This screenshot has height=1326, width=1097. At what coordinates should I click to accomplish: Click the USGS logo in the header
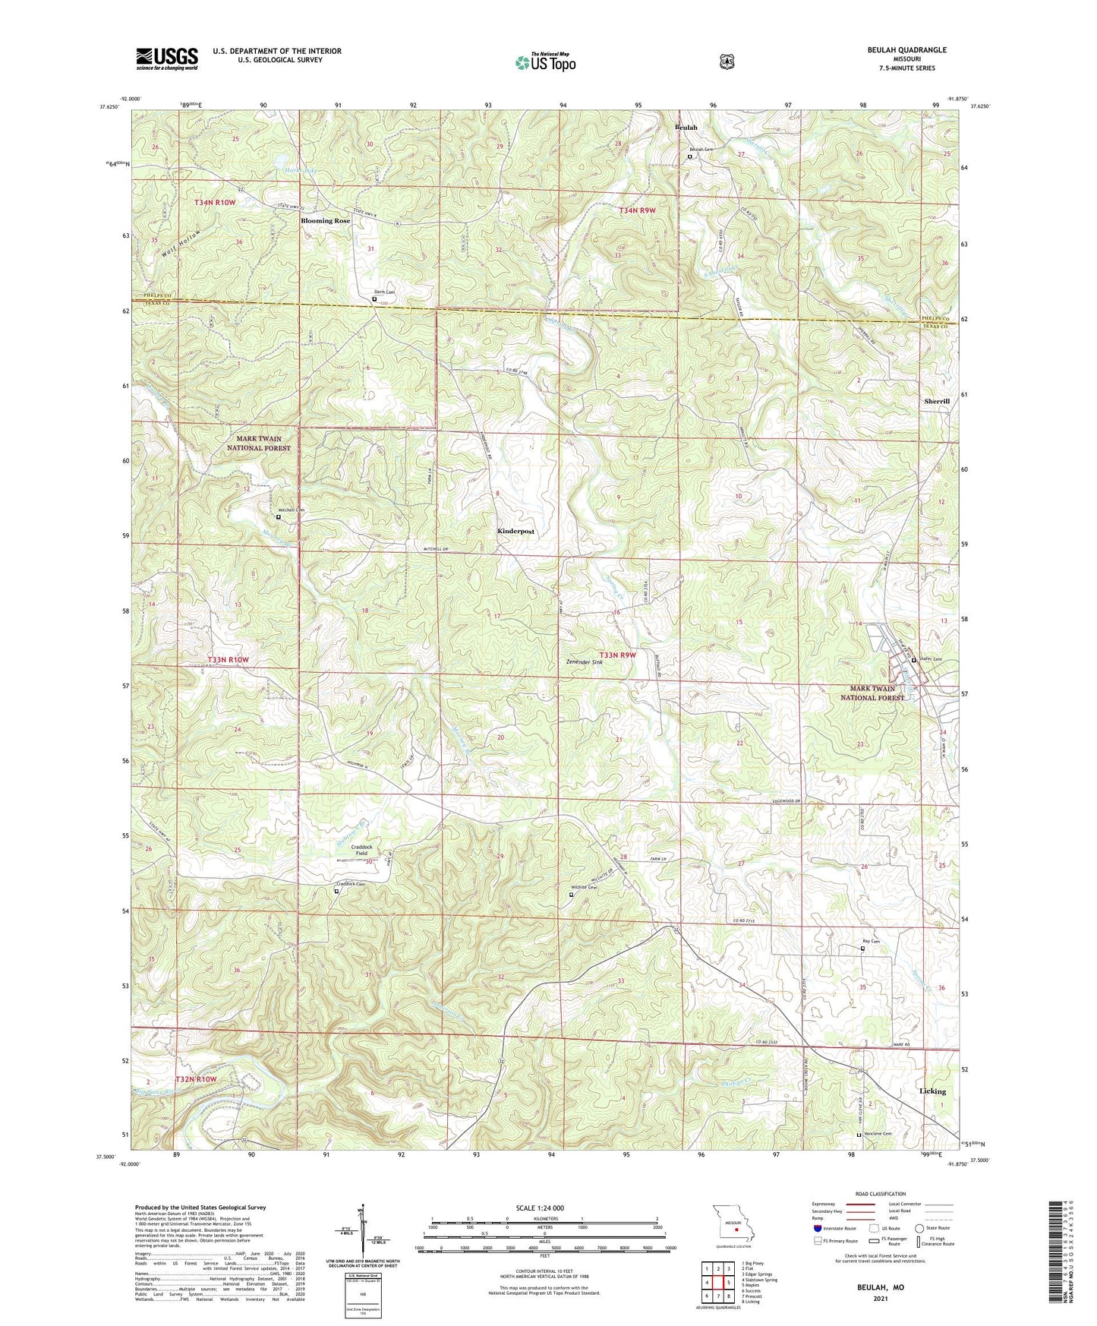tap(167, 58)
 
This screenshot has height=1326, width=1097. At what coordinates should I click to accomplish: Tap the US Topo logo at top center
tap(545, 62)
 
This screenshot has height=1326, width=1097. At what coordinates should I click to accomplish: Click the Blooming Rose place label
tap(326, 220)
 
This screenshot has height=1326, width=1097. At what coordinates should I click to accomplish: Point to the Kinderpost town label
tap(515, 532)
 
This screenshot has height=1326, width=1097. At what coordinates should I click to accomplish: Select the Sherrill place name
tap(937, 401)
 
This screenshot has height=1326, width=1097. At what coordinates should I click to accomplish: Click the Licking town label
tap(932, 1091)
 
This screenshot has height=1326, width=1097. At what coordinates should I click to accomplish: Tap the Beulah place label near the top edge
tap(686, 128)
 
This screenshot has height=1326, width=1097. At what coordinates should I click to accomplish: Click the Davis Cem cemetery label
tap(384, 292)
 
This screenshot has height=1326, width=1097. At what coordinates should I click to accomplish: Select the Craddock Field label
tap(362, 850)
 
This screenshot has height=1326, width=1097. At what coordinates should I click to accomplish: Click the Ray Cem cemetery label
tap(870, 942)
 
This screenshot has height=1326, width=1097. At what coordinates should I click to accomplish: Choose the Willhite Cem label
tap(585, 887)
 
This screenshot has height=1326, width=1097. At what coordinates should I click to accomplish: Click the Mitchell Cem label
tap(291, 510)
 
